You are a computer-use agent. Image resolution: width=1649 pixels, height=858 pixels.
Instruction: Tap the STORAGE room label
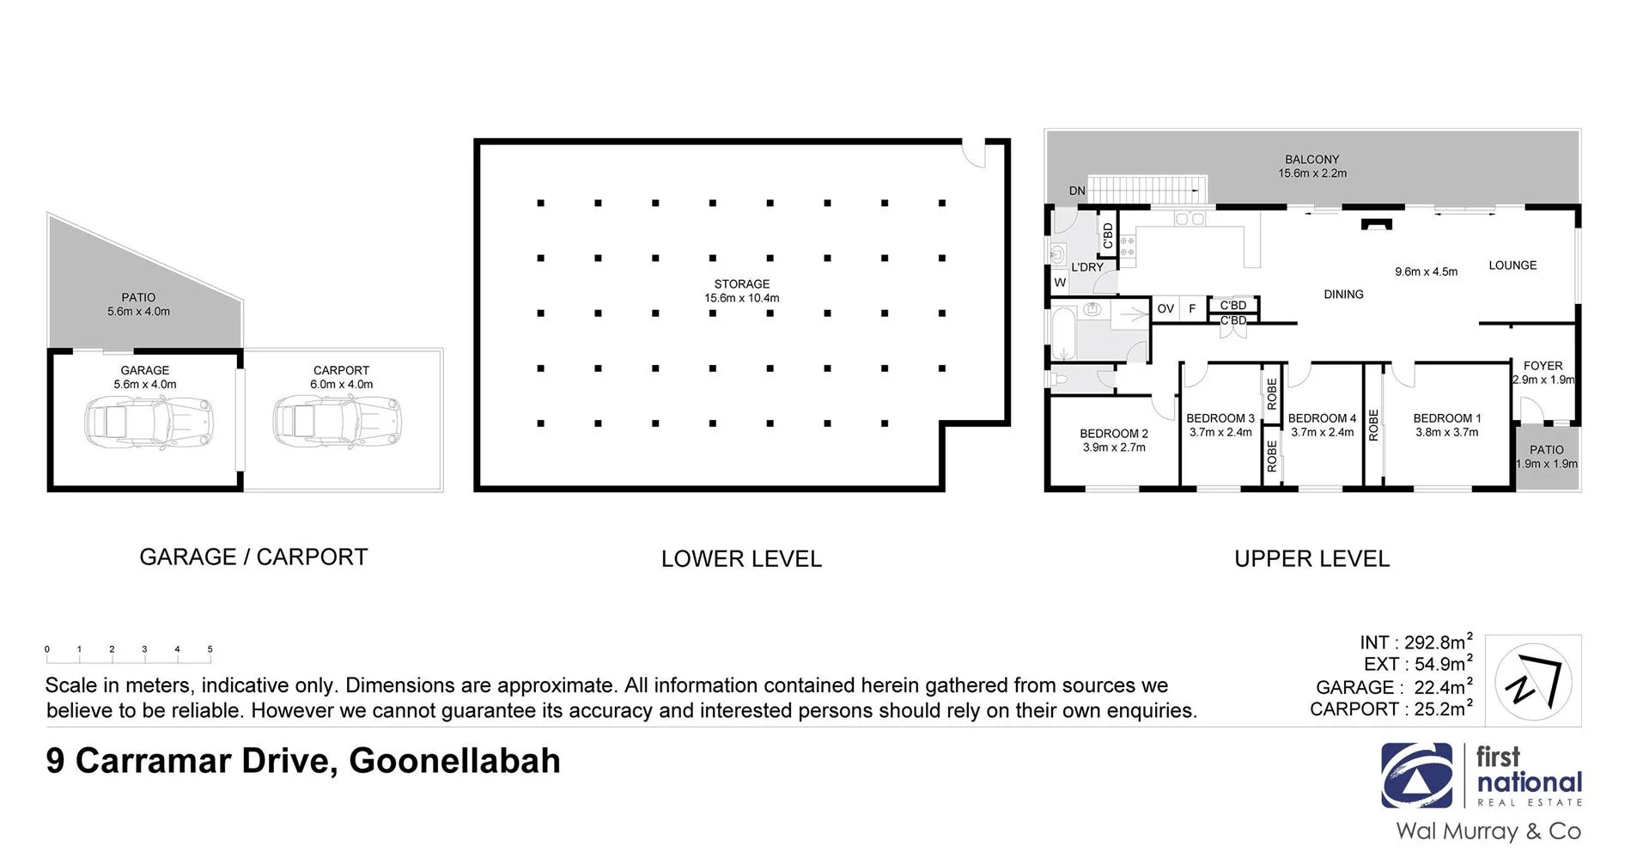pyautogui.click(x=741, y=284)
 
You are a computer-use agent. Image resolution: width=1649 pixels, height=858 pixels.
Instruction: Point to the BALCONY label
pyautogui.click(x=1311, y=160)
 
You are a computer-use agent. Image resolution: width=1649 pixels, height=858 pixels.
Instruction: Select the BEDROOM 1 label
pyautogui.click(x=1446, y=418)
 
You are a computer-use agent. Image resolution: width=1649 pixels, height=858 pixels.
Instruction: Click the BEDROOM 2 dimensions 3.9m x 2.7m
pyautogui.click(x=1114, y=447)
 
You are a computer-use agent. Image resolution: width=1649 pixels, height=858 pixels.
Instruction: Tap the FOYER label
pyautogui.click(x=1543, y=366)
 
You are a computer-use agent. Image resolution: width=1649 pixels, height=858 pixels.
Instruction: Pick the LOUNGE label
pyautogui.click(x=1512, y=265)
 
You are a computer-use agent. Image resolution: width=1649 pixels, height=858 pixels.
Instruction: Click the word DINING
pyautogui.click(x=1343, y=295)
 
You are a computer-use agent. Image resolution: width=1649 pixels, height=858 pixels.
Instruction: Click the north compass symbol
pyautogui.click(x=1533, y=681)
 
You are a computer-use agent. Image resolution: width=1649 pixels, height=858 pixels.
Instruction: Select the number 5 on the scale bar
pyautogui.click(x=210, y=649)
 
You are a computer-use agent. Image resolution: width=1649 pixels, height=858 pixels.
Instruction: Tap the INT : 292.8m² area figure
pyautogui.click(x=1415, y=642)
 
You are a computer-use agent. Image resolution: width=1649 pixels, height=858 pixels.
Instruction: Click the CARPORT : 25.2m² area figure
pyautogui.click(x=1390, y=709)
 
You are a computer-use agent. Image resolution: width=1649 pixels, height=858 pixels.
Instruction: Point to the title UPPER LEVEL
pyautogui.click(x=1311, y=559)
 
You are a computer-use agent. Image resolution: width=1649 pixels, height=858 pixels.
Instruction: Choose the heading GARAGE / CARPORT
pyautogui.click(x=253, y=557)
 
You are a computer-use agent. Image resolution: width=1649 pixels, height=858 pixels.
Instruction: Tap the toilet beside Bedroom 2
pyautogui.click(x=1061, y=378)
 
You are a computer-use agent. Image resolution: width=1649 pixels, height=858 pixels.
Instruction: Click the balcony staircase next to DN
pyautogui.click(x=1147, y=189)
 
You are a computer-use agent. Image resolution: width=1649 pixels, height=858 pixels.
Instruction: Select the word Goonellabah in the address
pyautogui.click(x=454, y=761)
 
